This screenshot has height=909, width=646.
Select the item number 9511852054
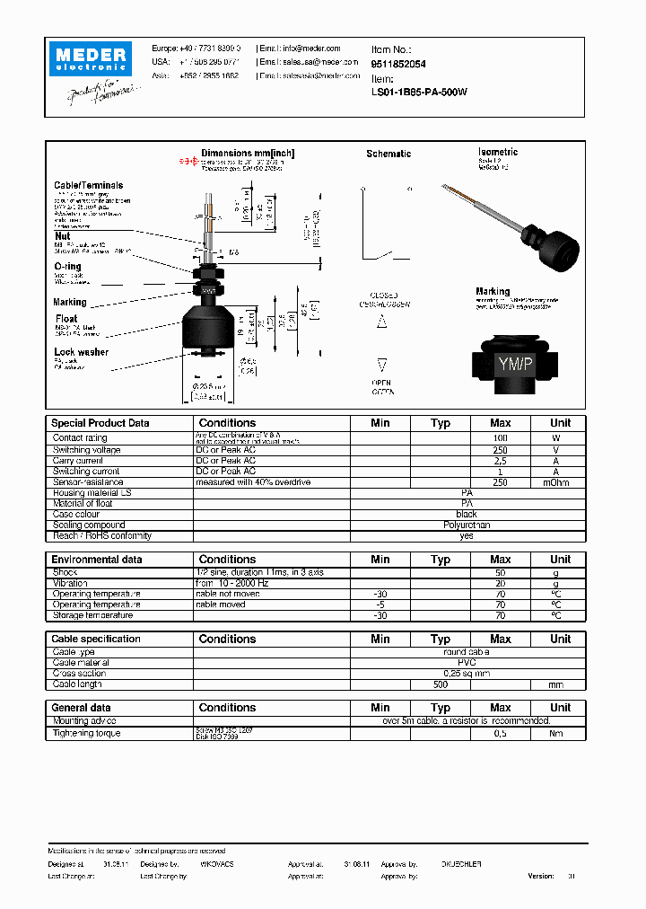[398, 64]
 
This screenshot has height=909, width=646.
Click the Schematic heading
[388, 154]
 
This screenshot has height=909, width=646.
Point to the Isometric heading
[498, 152]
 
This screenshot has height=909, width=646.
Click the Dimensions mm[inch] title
[248, 154]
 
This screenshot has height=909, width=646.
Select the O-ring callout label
[67, 267]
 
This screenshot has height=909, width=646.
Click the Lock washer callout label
[81, 352]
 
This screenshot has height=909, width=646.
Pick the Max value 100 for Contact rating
[500, 438]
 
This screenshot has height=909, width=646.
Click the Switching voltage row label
[86, 449]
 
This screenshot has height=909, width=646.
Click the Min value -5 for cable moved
[380, 605]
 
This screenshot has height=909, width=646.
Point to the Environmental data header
[96, 560]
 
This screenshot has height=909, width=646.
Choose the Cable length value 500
[440, 684]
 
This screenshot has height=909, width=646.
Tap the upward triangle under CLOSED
[381, 321]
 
